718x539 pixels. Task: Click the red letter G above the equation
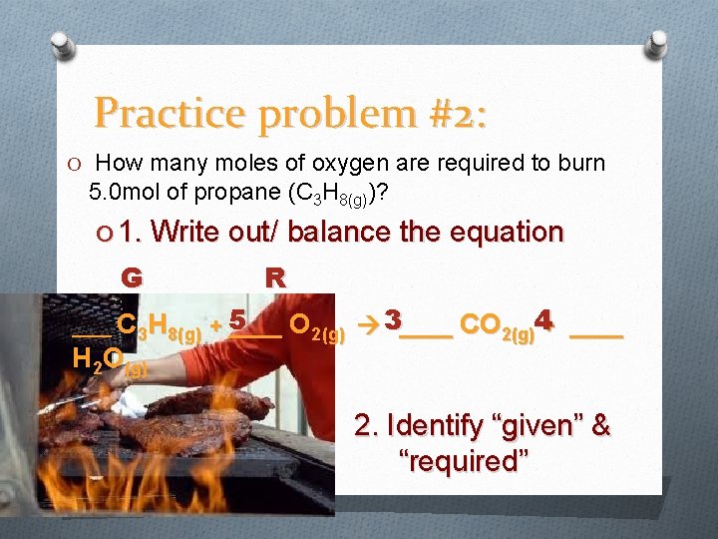click(x=131, y=277)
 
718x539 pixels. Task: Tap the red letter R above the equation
click(x=275, y=277)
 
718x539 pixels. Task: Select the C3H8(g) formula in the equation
click(x=159, y=325)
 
